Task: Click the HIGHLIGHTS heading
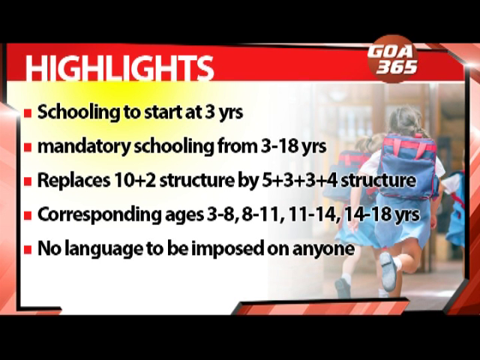click(x=119, y=68)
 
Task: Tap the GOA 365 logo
click(x=393, y=59)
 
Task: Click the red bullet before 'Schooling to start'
click(x=28, y=113)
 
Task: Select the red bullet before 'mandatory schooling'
click(x=28, y=148)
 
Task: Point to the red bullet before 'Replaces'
click(x=28, y=181)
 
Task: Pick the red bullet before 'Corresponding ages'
click(x=28, y=215)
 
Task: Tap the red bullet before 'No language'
click(x=28, y=250)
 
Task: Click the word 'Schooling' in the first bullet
click(x=79, y=113)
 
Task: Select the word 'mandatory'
click(x=84, y=147)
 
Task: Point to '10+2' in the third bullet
click(x=135, y=181)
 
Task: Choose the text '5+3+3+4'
click(x=299, y=181)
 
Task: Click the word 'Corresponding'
click(x=99, y=215)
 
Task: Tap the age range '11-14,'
click(x=314, y=215)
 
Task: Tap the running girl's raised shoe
click(x=388, y=271)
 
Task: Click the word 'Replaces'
click(x=73, y=181)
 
